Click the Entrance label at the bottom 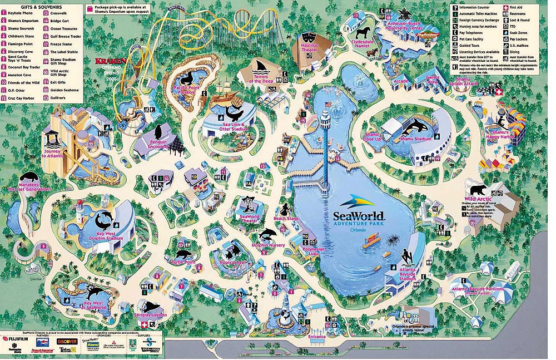tap(317, 337)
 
